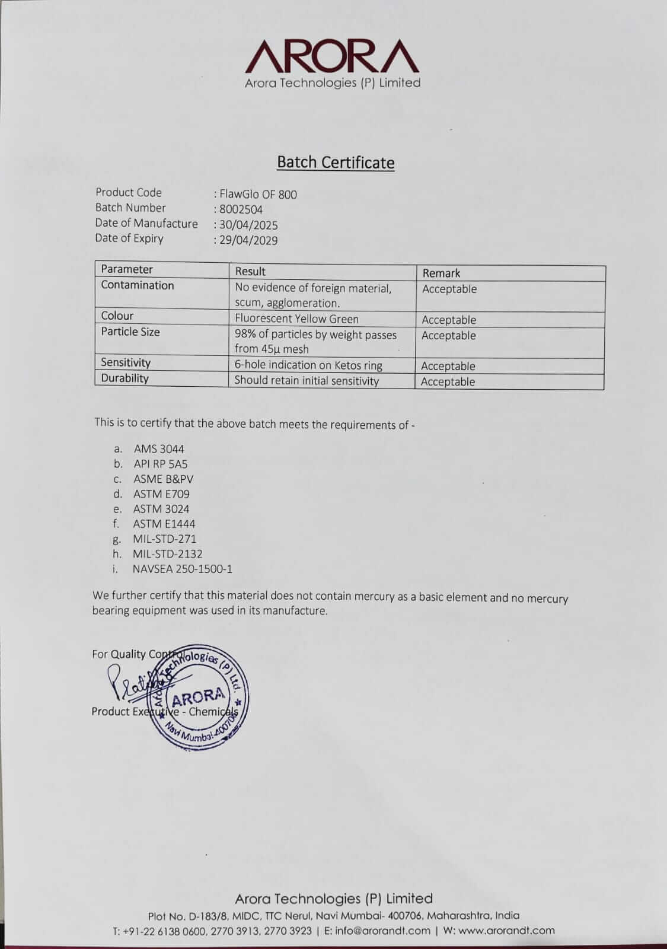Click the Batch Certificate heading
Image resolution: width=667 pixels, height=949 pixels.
(336, 163)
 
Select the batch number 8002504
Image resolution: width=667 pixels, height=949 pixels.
(241, 209)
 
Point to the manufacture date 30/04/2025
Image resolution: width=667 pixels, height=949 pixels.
(248, 225)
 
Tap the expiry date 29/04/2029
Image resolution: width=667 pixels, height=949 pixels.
(248, 240)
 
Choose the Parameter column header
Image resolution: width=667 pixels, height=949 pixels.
(127, 269)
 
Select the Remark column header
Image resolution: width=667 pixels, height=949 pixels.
(441, 273)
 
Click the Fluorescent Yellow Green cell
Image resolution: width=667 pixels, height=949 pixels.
(296, 319)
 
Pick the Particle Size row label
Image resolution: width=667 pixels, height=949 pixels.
(130, 332)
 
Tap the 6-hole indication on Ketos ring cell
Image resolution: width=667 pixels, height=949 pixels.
(308, 365)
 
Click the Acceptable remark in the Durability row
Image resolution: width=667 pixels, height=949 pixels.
(448, 381)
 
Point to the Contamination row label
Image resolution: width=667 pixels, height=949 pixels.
(138, 285)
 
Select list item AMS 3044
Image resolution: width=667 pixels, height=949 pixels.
(159, 449)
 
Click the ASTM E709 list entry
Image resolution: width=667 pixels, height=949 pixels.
(161, 494)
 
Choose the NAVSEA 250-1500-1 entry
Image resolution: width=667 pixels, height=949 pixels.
(183, 569)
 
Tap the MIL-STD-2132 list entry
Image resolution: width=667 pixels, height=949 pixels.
(168, 554)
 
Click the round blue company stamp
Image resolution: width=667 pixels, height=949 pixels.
(199, 699)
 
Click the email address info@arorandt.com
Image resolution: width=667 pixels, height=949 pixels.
(383, 931)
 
